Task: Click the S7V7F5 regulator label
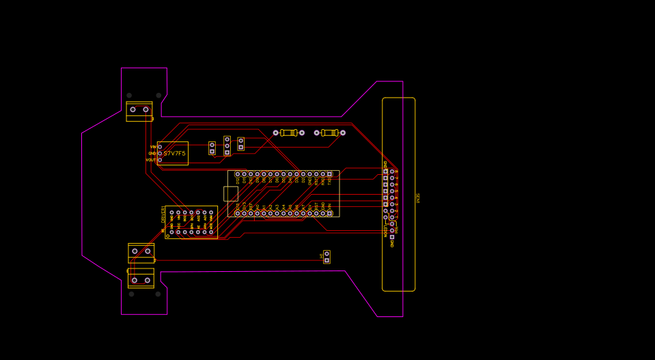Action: pyautogui.click(x=174, y=154)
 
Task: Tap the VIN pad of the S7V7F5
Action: pyautogui.click(x=160, y=147)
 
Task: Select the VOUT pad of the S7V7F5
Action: pyautogui.click(x=160, y=160)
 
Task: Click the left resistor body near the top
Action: pyautogui.click(x=288, y=133)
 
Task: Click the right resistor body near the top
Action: pyautogui.click(x=329, y=133)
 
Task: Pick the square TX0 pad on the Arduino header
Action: pyautogui.click(x=329, y=174)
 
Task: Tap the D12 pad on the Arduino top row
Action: pyautogui.click(x=237, y=174)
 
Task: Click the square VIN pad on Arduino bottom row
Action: pyautogui.click(x=329, y=213)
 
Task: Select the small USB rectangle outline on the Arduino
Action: pyautogui.click(x=231, y=193)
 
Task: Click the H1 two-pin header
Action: pyautogui.click(x=326, y=257)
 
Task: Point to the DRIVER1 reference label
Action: pyautogui.click(x=163, y=214)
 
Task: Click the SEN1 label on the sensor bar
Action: pyautogui.click(x=417, y=198)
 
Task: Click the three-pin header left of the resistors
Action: pyautogui.click(x=227, y=146)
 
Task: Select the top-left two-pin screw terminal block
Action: pyautogui.click(x=139, y=110)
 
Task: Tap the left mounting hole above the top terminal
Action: pyautogui.click(x=129, y=96)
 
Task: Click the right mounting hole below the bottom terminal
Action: pyautogui.click(x=158, y=294)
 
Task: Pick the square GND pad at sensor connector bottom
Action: pyautogui.click(x=392, y=237)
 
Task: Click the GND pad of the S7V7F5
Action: pyautogui.click(x=160, y=154)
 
